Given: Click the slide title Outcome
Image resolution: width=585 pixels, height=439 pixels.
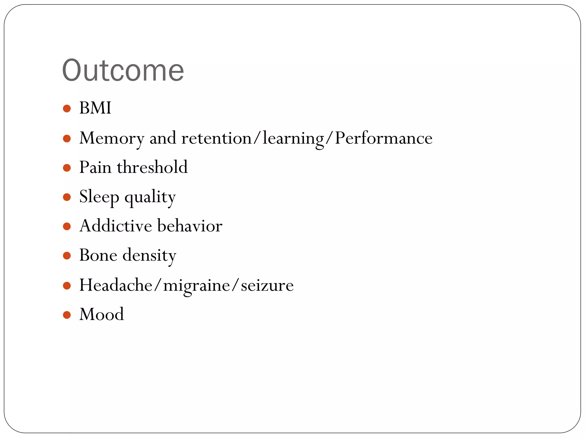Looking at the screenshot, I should coord(123,70).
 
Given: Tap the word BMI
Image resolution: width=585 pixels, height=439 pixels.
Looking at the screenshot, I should coord(95,108).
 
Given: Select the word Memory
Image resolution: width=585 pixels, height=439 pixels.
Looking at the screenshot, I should coord(112,138).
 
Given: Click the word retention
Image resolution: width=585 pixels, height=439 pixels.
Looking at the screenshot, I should coord(216,138).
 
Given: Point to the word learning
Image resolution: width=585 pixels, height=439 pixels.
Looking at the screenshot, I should coord(293,138).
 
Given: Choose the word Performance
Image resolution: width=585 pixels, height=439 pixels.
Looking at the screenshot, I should coord(383,138).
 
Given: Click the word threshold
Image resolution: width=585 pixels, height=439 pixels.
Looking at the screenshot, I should coord(152,167).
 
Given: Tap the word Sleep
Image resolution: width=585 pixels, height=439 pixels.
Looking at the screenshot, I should coord(99,197).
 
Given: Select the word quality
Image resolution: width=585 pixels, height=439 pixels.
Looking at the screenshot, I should coord(150,197).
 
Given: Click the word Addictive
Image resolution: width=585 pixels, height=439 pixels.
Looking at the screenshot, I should coord(115,226).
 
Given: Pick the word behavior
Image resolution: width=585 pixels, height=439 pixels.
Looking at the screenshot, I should coord(190,226).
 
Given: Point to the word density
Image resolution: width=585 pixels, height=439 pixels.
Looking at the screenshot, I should coord(149,255).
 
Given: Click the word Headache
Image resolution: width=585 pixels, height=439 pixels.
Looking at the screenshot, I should coord(116,285).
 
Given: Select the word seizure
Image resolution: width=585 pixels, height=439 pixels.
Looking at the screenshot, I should coord(267,286).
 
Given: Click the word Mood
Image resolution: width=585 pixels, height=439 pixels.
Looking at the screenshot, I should coord(102,314).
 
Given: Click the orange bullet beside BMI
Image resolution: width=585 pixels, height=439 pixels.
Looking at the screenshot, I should coord(67,109).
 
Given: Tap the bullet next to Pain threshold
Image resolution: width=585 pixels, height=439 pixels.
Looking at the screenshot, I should coord(67,168).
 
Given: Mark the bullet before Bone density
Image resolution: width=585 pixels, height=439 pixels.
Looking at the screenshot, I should coord(67,256).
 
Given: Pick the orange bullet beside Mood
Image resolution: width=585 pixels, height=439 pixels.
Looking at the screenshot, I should coord(67,315).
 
